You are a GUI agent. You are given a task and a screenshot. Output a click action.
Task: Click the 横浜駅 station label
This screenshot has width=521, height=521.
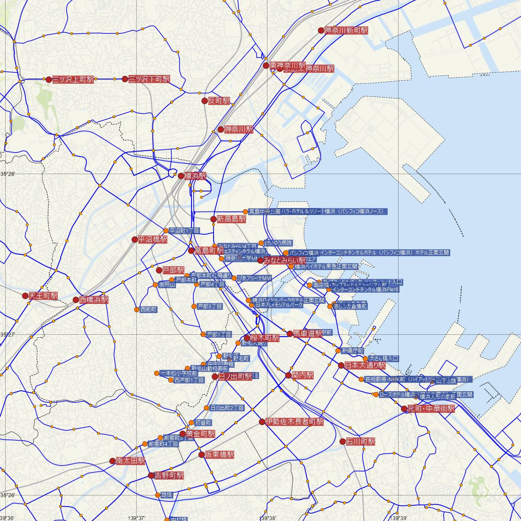pyautogui.click(x=195, y=176)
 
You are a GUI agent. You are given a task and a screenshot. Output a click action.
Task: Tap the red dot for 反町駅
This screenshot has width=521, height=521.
pyautogui.click(x=204, y=101)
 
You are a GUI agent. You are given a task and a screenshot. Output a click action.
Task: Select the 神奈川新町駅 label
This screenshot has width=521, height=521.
pyautogui.click(x=346, y=30)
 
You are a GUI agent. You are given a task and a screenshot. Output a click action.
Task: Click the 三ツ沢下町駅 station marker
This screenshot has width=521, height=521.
pyautogui.click(x=125, y=79)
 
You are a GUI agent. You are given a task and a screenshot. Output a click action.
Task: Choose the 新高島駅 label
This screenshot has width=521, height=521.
pyautogui.click(x=231, y=219)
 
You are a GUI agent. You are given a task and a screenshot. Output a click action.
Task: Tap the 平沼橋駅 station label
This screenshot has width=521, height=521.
pyautogui.click(x=152, y=239)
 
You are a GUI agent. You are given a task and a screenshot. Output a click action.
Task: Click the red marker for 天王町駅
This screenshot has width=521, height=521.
pyautogui.click(x=25, y=296)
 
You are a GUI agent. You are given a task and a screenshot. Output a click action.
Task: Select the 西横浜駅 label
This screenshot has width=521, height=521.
pyautogui.click(x=93, y=300)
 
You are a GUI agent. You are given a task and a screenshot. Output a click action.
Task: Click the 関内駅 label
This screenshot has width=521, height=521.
pyautogui.click(x=303, y=375)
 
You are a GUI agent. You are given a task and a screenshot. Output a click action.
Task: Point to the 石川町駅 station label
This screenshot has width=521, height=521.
pyautogui.click(x=360, y=442)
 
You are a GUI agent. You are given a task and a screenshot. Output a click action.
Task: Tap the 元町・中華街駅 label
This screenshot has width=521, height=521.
pyautogui.click(x=431, y=409)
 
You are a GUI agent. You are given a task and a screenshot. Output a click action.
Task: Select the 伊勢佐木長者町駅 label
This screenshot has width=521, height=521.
pyautogui.click(x=295, y=422)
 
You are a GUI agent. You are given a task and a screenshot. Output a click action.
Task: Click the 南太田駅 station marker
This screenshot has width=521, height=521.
pyautogui.click(x=113, y=461)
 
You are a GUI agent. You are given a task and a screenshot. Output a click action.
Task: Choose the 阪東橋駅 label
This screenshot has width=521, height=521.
pyautogui.click(x=219, y=455)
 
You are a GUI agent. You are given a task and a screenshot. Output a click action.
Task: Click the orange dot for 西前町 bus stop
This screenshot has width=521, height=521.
pyautogui.click(x=137, y=310)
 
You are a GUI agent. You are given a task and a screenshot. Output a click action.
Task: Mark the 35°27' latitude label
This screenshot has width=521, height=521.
pyautogui.click(x=7, y=335)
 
